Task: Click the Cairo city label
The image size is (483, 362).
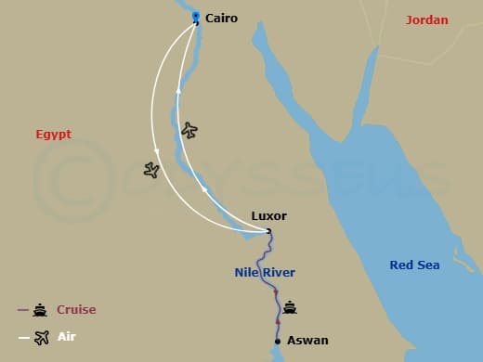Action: point(221,18)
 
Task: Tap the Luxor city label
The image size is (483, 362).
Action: point(268,216)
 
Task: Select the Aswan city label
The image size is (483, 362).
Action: point(307,341)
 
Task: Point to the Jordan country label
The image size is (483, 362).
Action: point(427,19)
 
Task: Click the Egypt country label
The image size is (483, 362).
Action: point(54,135)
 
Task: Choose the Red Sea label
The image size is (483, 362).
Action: point(414,265)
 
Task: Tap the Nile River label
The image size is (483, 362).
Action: point(265,272)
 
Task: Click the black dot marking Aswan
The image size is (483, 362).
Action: point(278,341)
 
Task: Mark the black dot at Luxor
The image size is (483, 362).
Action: point(268,230)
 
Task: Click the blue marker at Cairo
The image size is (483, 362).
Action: point(195,16)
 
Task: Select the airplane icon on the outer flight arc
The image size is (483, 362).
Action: point(151,169)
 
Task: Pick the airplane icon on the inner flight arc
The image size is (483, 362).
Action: point(189,130)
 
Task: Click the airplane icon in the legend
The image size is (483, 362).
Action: point(41,337)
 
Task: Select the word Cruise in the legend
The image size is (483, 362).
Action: point(76,310)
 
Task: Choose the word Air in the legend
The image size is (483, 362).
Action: point(66,337)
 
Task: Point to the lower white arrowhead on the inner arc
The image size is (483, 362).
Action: point(204,189)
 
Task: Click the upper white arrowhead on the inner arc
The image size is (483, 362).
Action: point(177,93)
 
